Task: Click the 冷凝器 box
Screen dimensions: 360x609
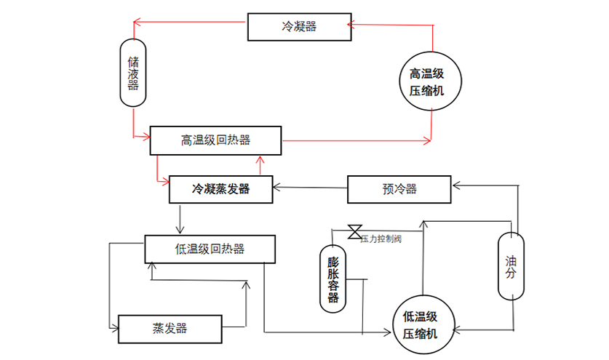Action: coord(299,27)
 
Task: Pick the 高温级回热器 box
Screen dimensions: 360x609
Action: coord(215,140)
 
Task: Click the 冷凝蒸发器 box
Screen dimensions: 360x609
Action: coord(220,189)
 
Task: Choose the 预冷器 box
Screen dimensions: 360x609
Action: coord(399,189)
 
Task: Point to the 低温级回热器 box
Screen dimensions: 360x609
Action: coord(210,249)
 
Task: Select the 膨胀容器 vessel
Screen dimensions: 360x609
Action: coord(333,279)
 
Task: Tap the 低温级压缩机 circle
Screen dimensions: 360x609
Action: coord(421,324)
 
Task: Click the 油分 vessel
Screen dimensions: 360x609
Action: coord(512,265)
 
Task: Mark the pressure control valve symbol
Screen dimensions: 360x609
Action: coord(355,232)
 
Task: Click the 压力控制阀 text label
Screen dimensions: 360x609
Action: coord(381,239)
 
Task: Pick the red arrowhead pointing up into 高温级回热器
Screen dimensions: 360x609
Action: coord(258,158)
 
